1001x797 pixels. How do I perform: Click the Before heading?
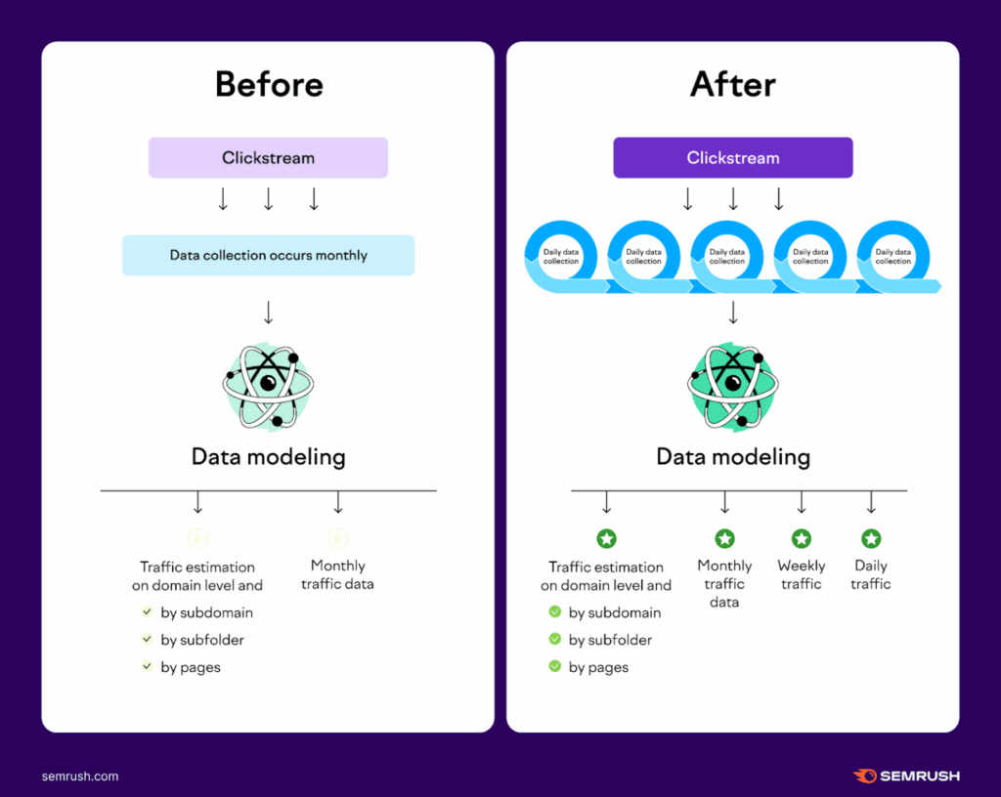[269, 84]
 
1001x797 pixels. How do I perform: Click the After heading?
[733, 84]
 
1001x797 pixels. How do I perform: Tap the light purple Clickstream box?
[268, 157]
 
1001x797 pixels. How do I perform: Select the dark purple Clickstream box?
[733, 157]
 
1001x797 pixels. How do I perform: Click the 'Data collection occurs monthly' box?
[268, 255]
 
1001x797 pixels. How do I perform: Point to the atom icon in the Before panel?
[268, 387]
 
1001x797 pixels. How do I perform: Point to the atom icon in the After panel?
[733, 387]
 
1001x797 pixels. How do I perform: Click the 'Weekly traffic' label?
[802, 574]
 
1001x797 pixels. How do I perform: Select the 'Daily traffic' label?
[871, 574]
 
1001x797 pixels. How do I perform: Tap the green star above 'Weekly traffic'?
[802, 539]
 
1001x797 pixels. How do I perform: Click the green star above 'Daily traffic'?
[871, 539]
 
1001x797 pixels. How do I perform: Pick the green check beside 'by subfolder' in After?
[555, 639]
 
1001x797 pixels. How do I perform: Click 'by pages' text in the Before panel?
[191, 667]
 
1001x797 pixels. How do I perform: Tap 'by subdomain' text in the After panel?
[615, 612]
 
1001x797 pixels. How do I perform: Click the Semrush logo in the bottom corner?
[906, 776]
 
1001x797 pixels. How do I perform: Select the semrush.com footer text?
[80, 776]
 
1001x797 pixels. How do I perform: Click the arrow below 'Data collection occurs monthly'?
[268, 313]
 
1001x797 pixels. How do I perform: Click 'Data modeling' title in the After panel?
[733, 457]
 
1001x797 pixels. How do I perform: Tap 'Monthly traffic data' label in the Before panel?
[337, 574]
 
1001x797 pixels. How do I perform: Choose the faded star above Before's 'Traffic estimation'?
[197, 539]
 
